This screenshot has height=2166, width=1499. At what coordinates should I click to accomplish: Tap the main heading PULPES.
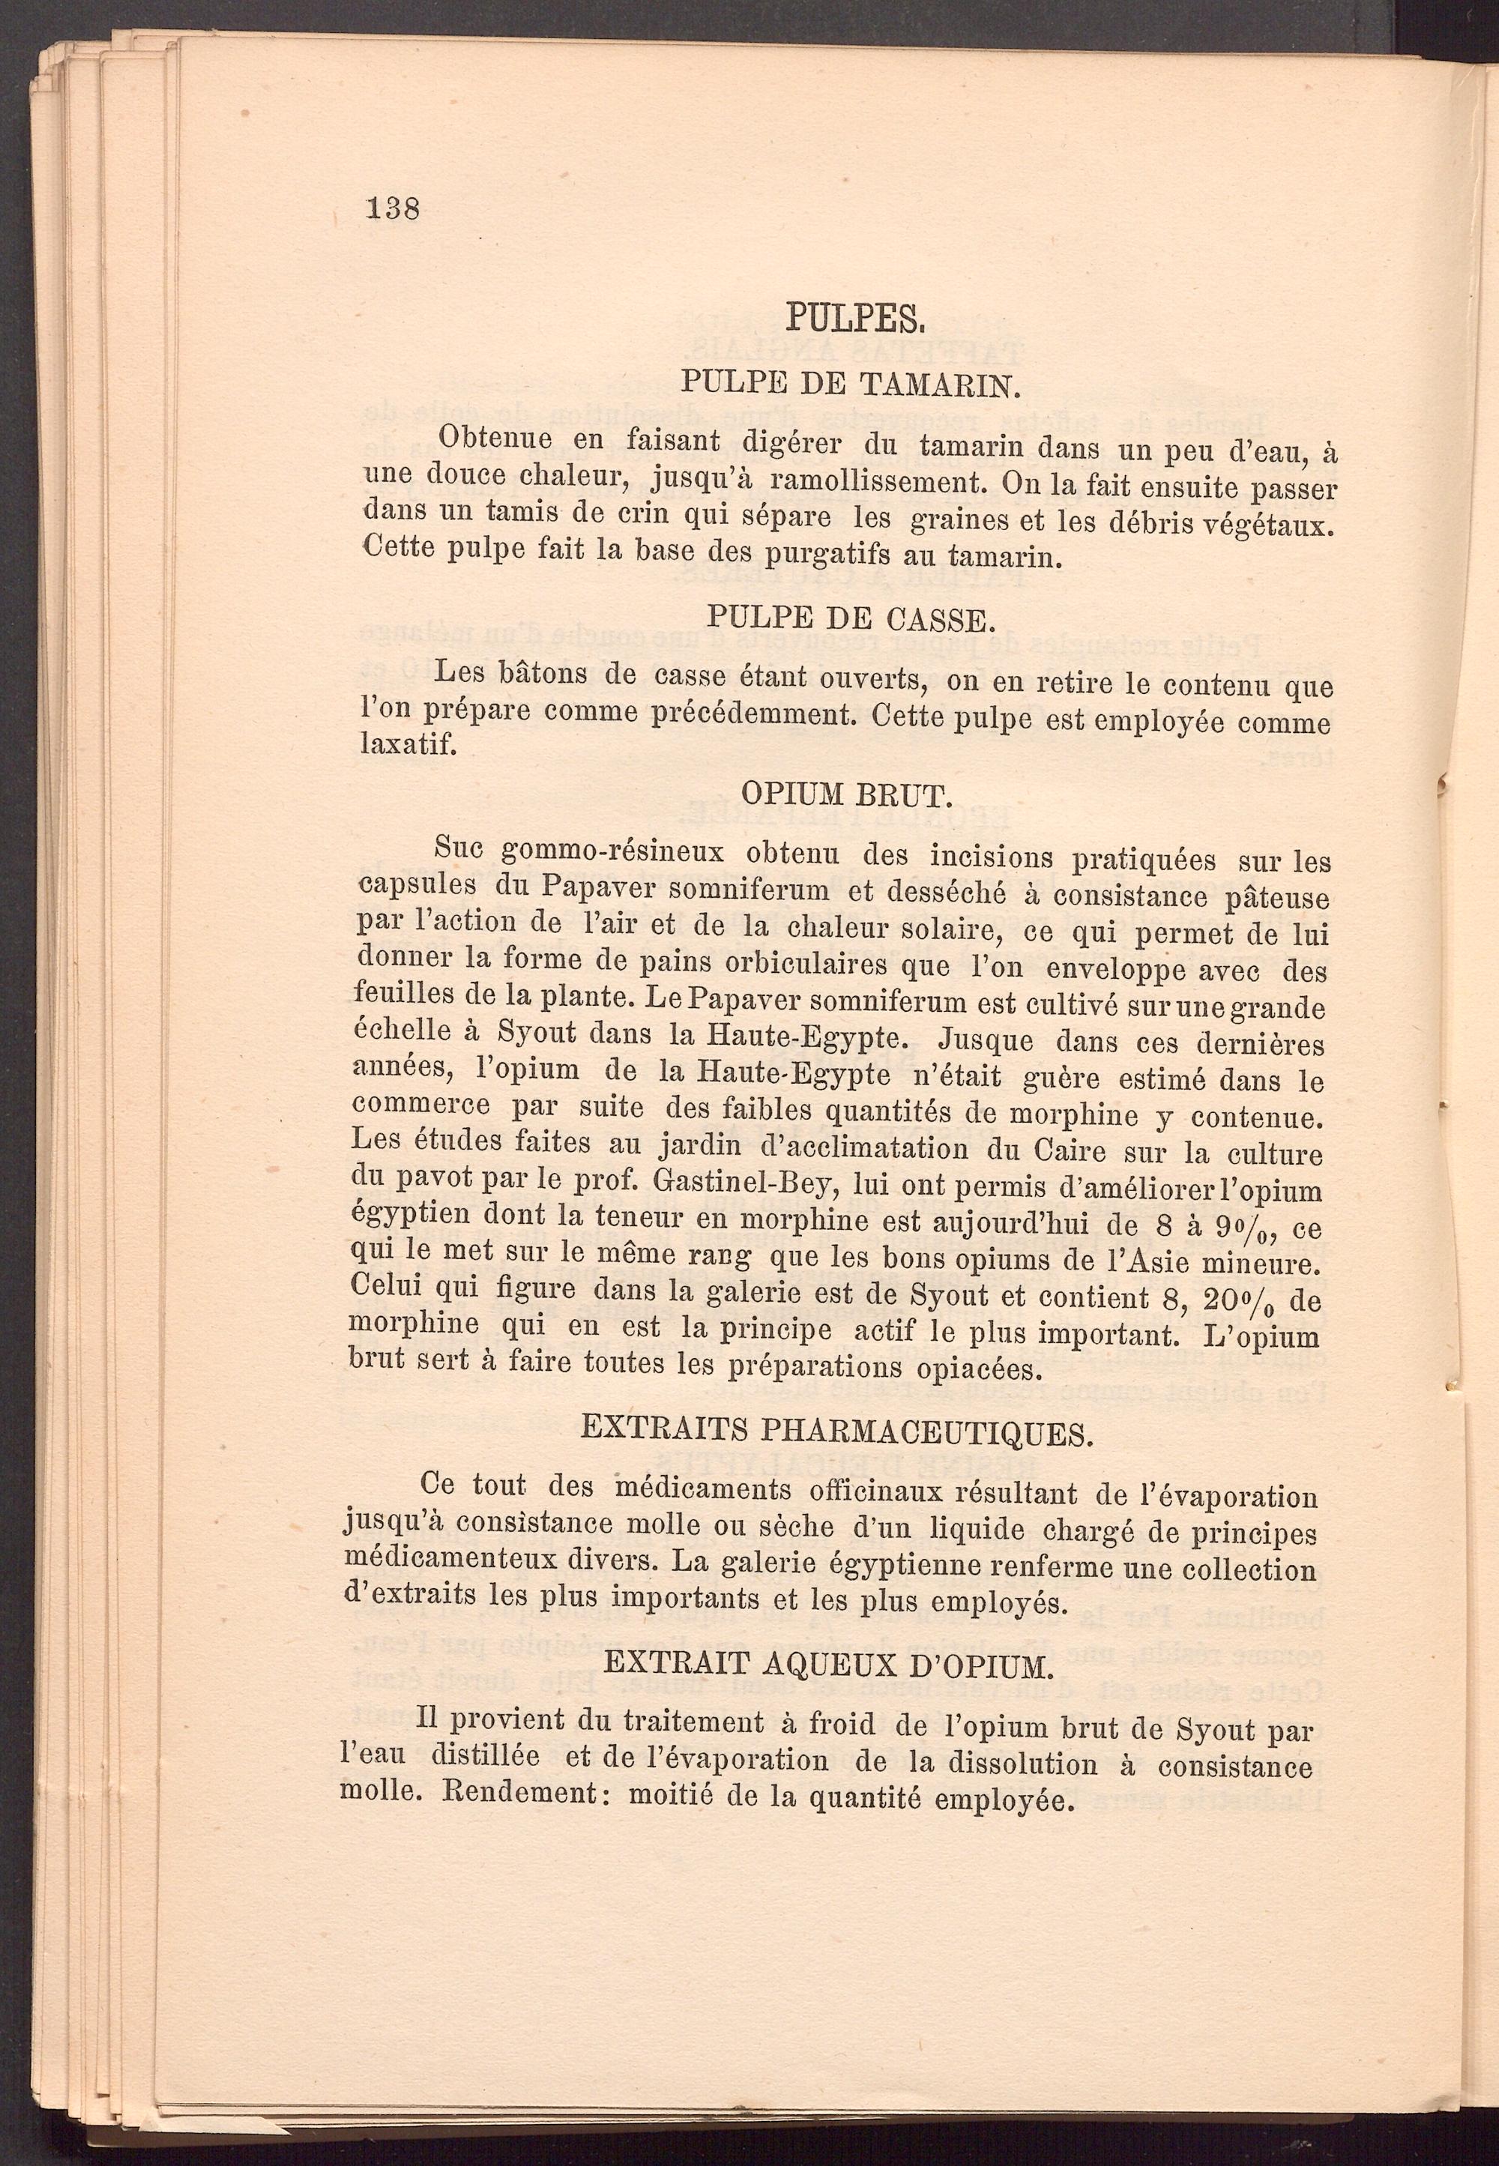[857, 319]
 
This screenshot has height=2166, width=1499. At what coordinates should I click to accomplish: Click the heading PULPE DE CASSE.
[847, 618]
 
